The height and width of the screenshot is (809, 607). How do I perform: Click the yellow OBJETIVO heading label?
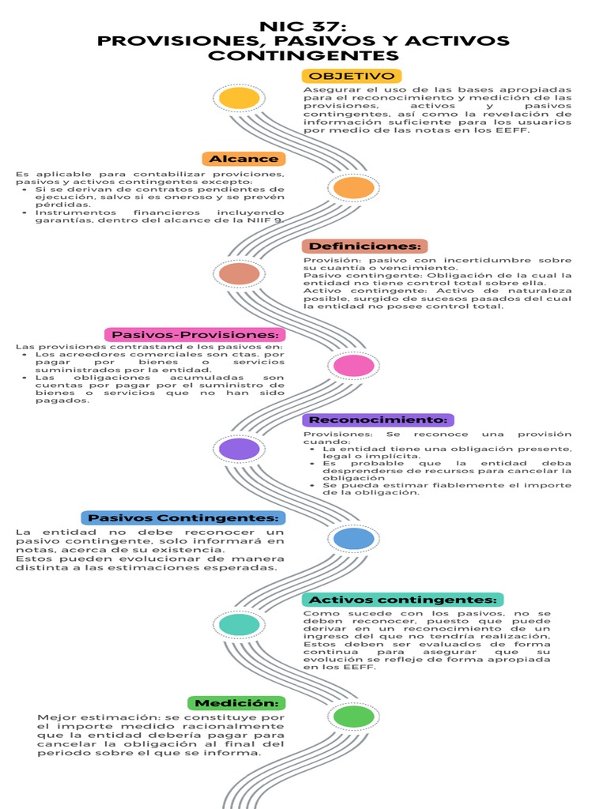click(352, 76)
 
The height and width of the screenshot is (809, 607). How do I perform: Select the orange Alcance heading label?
click(243, 159)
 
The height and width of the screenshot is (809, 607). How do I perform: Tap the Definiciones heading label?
click(364, 246)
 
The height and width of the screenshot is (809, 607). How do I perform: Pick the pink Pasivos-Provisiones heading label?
click(195, 334)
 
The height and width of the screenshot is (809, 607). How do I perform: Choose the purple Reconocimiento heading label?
click(378, 420)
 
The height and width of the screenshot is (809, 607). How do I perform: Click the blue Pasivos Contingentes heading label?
click(183, 518)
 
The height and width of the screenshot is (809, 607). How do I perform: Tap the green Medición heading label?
click(236, 702)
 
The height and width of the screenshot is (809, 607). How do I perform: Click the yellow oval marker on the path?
click(239, 99)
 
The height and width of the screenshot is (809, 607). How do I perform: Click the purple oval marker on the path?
click(239, 450)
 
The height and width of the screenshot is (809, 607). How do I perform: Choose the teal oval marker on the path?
click(239, 625)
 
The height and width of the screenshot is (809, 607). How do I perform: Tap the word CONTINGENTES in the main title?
click(303, 56)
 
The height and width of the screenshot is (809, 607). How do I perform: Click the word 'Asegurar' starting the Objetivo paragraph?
click(323, 90)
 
